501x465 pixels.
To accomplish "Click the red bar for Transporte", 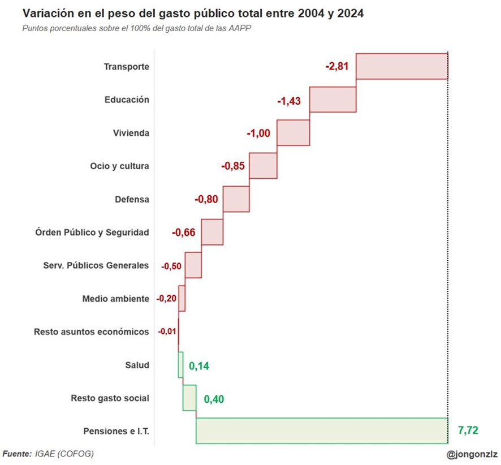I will point(401,66).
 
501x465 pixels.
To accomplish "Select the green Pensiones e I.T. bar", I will point(322,430).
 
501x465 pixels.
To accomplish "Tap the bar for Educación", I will point(333,100).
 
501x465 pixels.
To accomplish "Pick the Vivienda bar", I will point(293,132).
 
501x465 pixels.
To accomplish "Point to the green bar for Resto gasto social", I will point(189,398).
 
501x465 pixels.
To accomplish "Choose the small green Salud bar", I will point(180,365).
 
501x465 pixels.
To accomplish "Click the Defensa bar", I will point(236,199).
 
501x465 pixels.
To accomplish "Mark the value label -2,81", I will point(337,66).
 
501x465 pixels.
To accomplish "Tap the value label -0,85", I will point(232,166).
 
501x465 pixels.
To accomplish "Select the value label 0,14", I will point(198,366).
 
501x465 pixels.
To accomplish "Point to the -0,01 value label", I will point(167,331).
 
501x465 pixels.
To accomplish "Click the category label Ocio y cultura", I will point(119,166).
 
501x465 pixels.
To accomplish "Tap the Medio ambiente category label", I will point(115,299).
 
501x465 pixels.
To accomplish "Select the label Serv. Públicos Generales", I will point(96,265).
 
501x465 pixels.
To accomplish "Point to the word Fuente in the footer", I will point(17,454).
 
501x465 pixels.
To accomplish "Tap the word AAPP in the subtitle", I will point(240,28).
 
